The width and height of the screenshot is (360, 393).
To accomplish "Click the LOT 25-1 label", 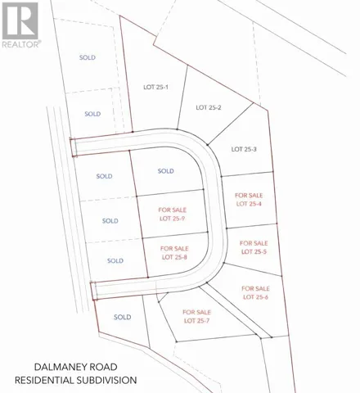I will click(155, 87).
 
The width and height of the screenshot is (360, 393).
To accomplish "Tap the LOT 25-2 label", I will click(209, 107).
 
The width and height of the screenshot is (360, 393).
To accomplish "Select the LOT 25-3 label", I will click(245, 149).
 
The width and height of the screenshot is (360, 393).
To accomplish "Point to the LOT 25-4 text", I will click(249, 204).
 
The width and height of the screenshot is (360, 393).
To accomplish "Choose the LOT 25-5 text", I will click(254, 252).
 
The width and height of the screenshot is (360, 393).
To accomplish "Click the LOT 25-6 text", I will click(256, 297).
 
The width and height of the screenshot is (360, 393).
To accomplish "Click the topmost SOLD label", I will click(88, 57).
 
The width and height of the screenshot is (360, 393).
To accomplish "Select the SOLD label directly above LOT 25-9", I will click(166, 171).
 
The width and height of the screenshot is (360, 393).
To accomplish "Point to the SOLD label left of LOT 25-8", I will click(115, 260).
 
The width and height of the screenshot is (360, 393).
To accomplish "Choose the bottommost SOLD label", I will click(123, 317).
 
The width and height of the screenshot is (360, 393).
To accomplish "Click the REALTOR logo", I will click(20, 25).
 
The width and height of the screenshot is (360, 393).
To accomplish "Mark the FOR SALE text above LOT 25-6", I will click(256, 288).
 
